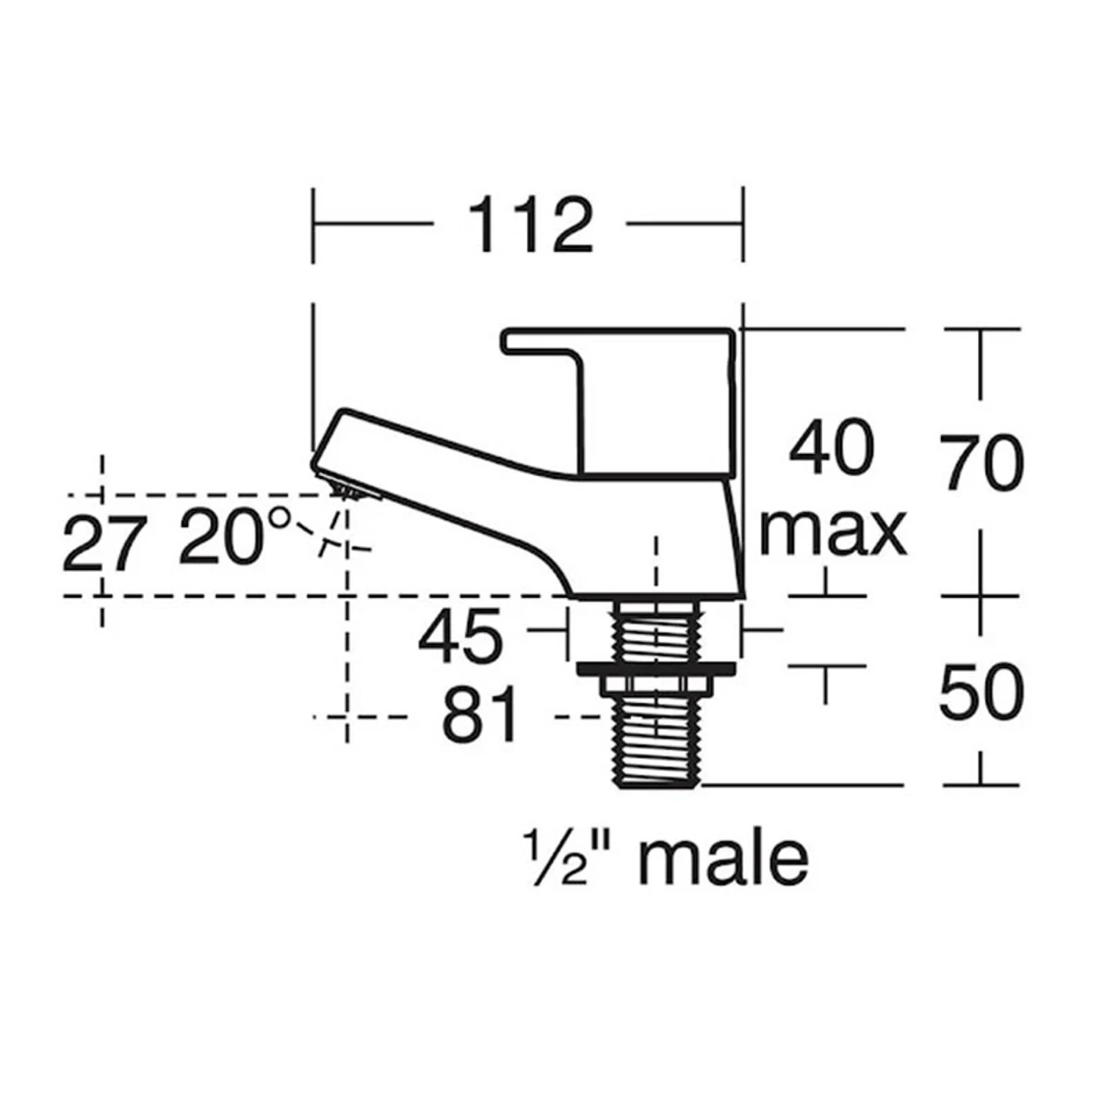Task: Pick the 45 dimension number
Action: coord(460,636)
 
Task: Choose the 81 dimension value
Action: coord(481,717)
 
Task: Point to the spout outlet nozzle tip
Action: coord(345,490)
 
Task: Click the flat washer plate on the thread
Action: coord(656,667)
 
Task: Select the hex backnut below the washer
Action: coord(656,685)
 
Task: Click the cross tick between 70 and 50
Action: coord(981,597)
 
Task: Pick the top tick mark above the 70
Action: coord(981,328)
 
